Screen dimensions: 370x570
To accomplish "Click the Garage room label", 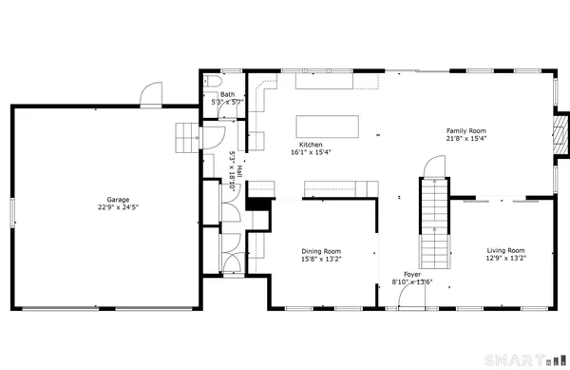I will tap(118, 200).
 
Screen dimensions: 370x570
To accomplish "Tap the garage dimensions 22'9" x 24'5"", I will tap(118, 207).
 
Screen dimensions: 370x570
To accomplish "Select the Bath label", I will tap(228, 94).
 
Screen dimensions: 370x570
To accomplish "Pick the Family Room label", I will tap(466, 131).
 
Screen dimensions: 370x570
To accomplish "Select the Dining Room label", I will tap(323, 250).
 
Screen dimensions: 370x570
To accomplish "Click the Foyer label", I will tap(412, 274).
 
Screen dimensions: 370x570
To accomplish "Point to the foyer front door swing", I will tap(412, 298).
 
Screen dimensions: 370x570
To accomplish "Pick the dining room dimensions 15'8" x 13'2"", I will tap(323, 258).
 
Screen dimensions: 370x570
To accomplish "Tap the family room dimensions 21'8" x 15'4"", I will tap(466, 139).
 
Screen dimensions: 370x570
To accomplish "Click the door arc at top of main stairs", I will tap(432, 167).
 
